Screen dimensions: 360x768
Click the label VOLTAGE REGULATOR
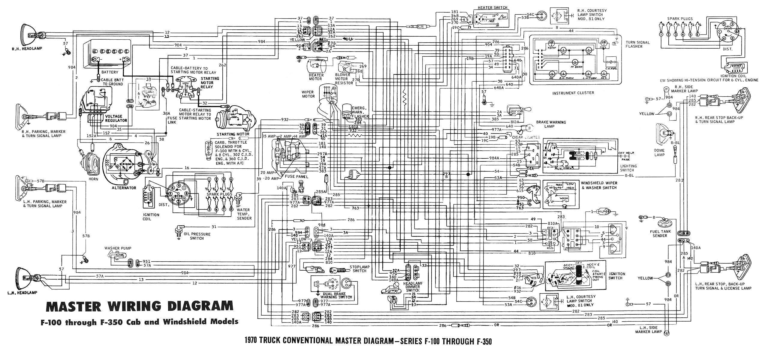click(116, 118)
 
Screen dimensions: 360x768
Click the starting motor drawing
click(236, 119)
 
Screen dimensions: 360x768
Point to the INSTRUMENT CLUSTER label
click(573, 93)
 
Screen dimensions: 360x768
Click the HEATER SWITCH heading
click(492, 7)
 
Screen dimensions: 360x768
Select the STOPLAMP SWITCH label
click(359, 269)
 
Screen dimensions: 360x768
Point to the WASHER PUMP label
click(118, 248)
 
